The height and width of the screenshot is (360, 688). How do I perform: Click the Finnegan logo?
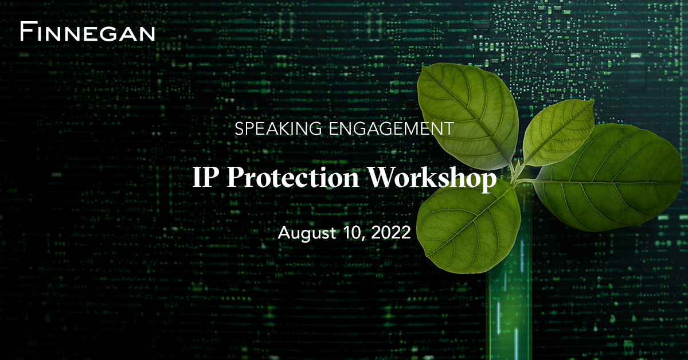point(87,32)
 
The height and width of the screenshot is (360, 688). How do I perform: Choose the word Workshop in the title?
point(431,178)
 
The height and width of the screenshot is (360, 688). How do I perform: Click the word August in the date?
point(304,233)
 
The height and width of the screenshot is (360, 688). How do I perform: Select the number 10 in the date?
point(350,233)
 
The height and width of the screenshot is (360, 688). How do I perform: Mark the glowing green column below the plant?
point(510,298)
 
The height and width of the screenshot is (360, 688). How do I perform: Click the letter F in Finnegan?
point(26,32)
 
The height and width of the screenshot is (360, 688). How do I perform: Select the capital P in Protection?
point(234,178)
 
